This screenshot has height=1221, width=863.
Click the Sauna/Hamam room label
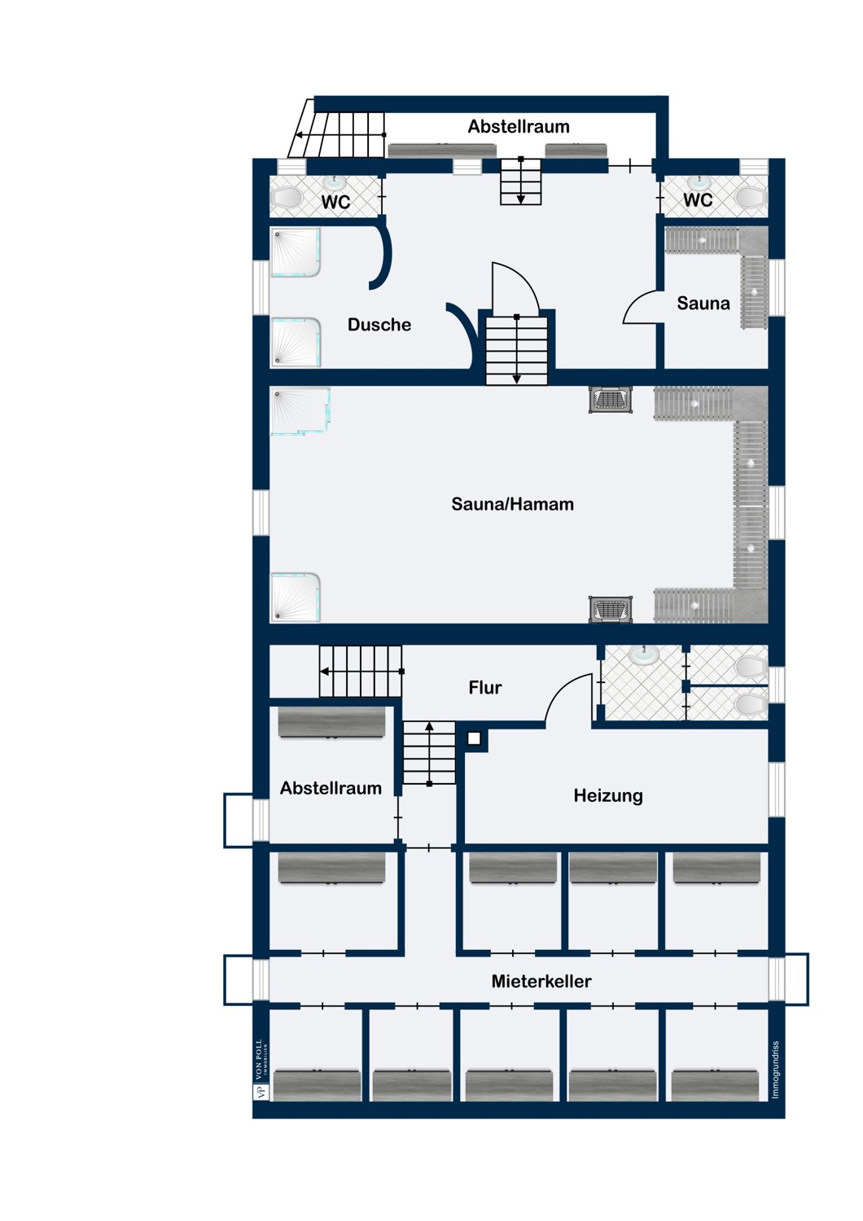[x=512, y=505]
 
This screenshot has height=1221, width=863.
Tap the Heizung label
[x=607, y=795]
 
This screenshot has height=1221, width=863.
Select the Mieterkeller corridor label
[x=541, y=981]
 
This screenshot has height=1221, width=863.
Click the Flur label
[x=484, y=688]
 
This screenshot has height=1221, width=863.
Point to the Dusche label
[x=379, y=325]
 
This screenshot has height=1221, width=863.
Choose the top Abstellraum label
[x=518, y=126]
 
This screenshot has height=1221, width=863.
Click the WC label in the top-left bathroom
[x=335, y=202]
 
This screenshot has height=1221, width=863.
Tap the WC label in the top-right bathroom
[x=697, y=200]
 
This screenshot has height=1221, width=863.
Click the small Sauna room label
[x=703, y=304]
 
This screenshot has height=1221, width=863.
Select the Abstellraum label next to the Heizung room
[x=331, y=788]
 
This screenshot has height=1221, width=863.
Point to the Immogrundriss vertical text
[x=775, y=1070]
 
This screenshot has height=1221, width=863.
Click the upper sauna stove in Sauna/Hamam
[x=610, y=400]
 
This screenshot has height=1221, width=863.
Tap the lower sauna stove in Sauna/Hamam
[x=610, y=609]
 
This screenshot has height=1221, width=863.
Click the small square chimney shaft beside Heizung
[x=474, y=739]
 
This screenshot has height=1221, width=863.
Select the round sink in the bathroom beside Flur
[x=645, y=654]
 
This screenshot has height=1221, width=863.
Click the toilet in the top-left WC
[x=287, y=198]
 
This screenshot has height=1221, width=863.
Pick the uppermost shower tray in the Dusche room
[x=295, y=252]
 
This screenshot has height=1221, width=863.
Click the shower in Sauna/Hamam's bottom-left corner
[x=295, y=597]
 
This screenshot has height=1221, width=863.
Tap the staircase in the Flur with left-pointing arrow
[x=360, y=672]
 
